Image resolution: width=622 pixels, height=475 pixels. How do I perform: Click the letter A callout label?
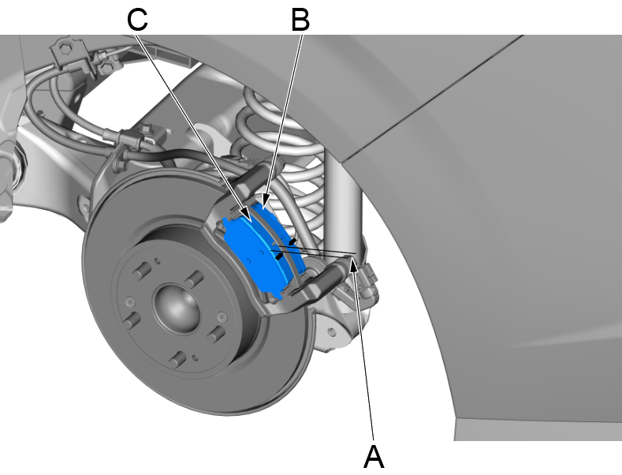click(x=373, y=455)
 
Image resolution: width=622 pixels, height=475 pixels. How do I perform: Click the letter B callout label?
click(x=300, y=20)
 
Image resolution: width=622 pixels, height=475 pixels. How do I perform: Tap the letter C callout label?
click(x=137, y=20)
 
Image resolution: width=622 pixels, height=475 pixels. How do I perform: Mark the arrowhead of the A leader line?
click(x=354, y=266)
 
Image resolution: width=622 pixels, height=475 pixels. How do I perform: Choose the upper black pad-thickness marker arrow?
click(x=292, y=239)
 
